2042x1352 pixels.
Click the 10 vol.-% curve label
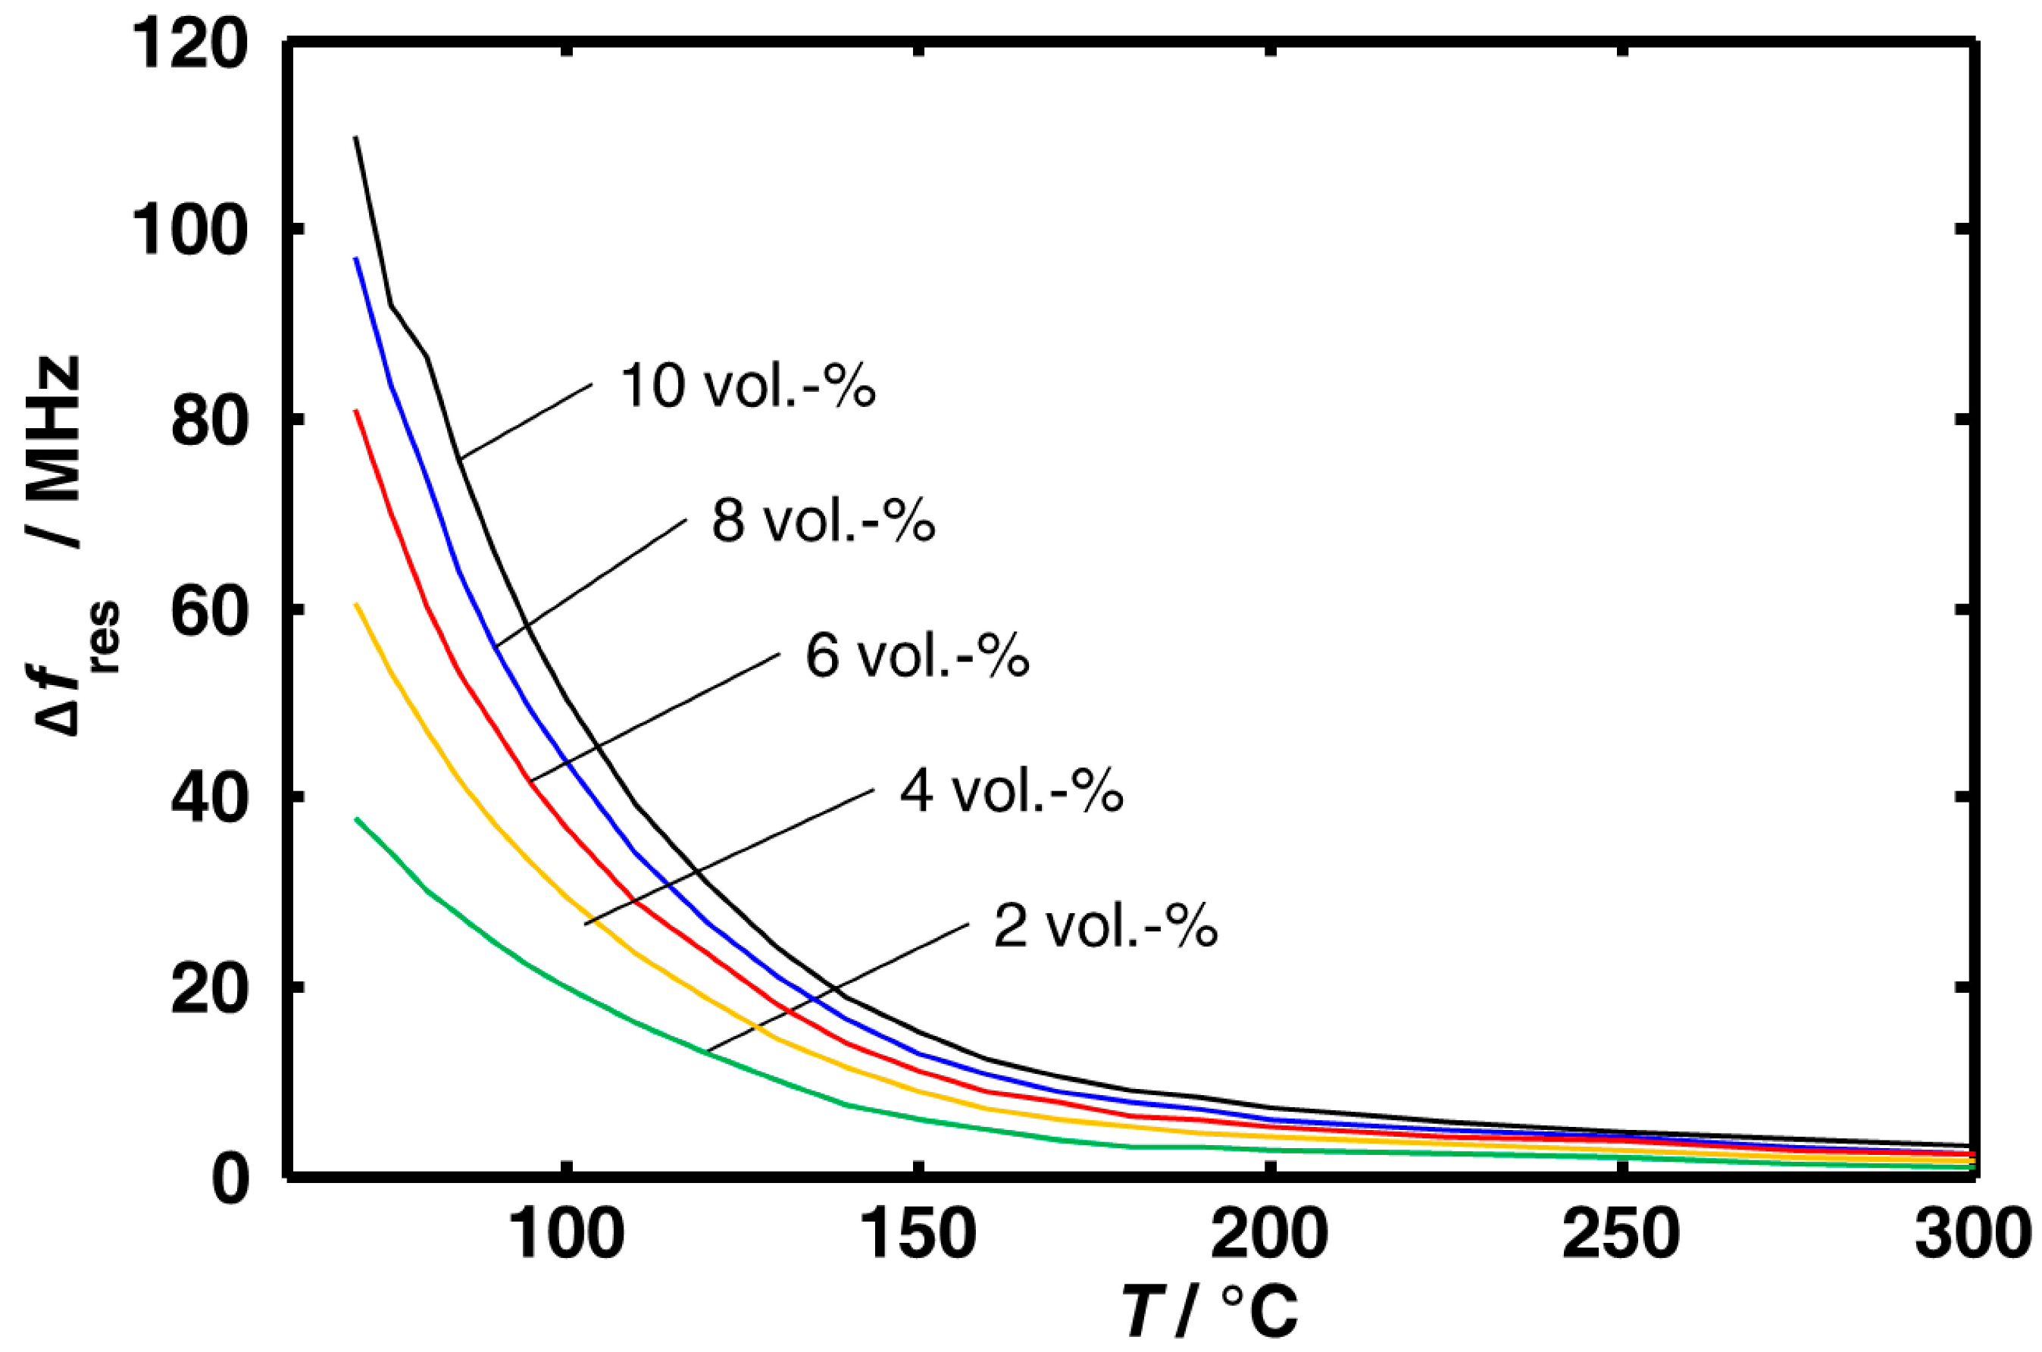click(x=747, y=386)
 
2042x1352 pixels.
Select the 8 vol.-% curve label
click(x=823, y=521)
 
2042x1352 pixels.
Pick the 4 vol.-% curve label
click(x=1011, y=791)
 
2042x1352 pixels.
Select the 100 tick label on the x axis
click(x=566, y=1235)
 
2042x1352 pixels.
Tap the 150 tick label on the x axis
click(x=919, y=1235)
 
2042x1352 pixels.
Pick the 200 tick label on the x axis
click(x=1270, y=1235)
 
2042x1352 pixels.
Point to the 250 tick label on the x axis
click(x=1621, y=1235)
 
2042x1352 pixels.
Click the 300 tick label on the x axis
click(x=1972, y=1235)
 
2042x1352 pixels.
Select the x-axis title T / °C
click(x=1209, y=1312)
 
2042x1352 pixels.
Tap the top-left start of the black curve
click(x=355, y=138)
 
